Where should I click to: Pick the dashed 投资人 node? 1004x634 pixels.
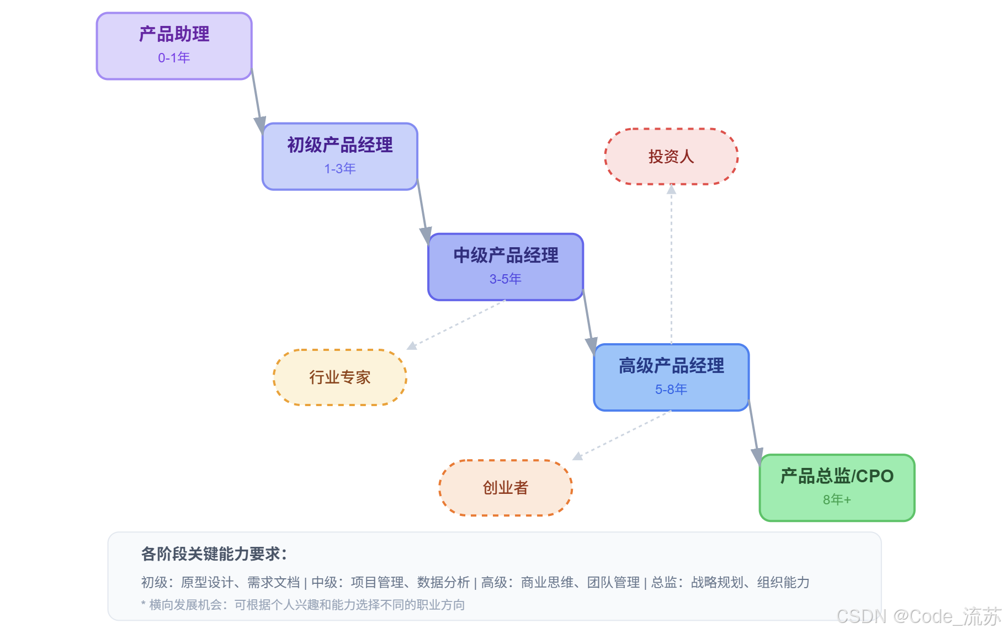(671, 157)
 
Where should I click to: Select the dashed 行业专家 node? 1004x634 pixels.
(339, 377)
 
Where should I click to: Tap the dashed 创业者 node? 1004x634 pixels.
(506, 488)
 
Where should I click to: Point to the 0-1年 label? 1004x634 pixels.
(174, 58)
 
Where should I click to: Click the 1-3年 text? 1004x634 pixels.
(339, 169)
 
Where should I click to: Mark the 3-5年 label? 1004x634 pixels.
(506, 279)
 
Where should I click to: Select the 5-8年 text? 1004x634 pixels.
(671, 390)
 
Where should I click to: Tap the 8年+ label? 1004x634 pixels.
(837, 500)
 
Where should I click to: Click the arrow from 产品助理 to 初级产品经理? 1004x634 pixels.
(257, 102)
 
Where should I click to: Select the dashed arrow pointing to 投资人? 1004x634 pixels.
(671, 265)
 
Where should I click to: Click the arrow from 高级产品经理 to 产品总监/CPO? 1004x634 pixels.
(754, 433)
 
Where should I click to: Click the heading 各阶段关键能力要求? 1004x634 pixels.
(214, 554)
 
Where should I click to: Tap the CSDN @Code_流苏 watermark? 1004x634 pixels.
(918, 616)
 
